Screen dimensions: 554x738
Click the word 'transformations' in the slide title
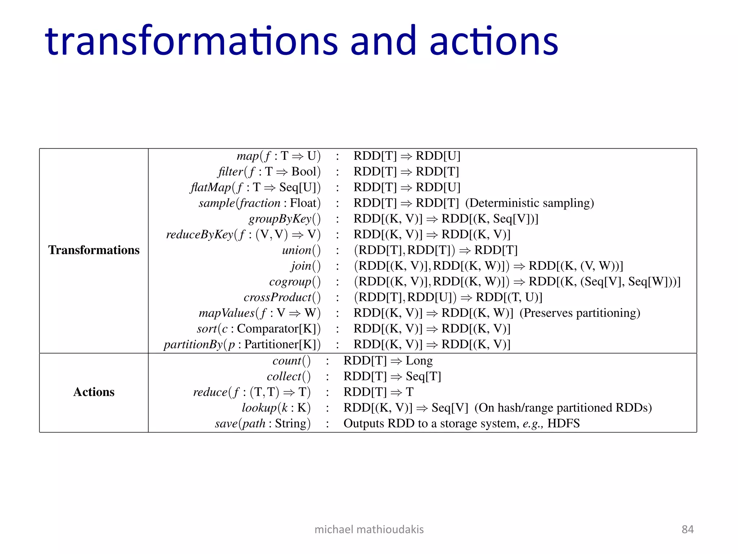coord(191,41)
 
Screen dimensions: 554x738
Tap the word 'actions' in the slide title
coord(494,41)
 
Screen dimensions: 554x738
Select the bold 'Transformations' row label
coord(94,250)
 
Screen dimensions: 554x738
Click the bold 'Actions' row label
coord(94,392)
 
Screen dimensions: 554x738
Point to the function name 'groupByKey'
coord(280,219)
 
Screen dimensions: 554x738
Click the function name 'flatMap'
coord(210,188)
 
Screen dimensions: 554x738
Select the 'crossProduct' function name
coord(277,297)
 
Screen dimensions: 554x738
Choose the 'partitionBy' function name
coord(193,344)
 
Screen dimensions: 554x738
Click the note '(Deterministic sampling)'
coord(529,203)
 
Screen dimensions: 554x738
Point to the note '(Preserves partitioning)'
coord(579,313)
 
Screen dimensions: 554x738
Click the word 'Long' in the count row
coord(419,361)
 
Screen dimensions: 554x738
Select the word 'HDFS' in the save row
coord(563,423)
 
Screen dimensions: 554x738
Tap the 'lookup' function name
coord(259,408)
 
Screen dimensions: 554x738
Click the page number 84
coord(688,529)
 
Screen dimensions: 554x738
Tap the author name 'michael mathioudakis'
coord(369,529)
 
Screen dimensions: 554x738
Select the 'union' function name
coord(297,250)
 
